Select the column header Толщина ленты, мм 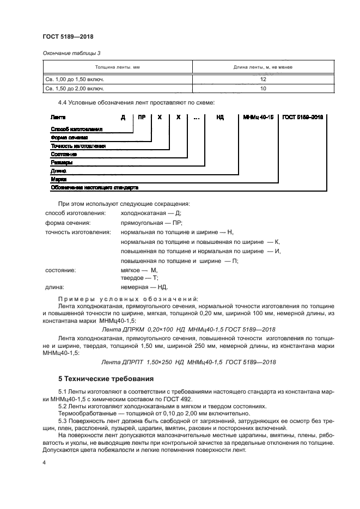click(118, 68)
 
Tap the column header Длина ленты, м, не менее click(263, 68)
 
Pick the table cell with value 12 click(263, 78)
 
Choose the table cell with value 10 click(263, 88)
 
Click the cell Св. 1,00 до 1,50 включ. click(75, 78)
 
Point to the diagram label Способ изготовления click(76, 129)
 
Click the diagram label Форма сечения click(69, 137)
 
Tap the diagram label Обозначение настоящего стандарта click(94, 187)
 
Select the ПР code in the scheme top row click(142, 117)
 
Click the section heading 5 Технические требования click(106, 378)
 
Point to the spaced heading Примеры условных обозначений click(128, 298)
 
